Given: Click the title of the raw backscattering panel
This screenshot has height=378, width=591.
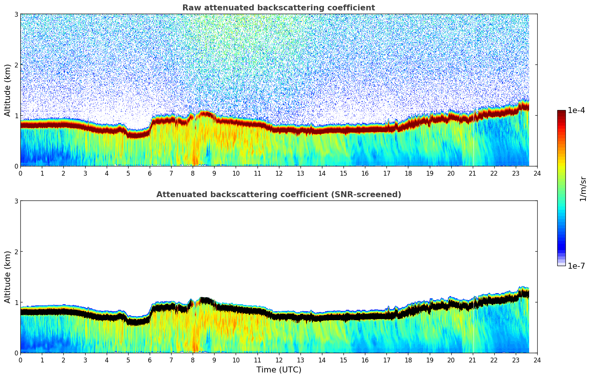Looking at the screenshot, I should coord(278,8).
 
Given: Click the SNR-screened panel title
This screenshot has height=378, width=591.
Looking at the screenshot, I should coord(278,195).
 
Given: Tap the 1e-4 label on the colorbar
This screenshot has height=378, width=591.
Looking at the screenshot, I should coord(576,110).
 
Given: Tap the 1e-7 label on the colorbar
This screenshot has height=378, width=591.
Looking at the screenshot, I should coord(576,266).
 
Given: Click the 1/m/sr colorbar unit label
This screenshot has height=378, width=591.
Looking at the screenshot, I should coord(583,189).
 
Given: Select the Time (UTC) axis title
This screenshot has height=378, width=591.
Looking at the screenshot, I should coord(279,370).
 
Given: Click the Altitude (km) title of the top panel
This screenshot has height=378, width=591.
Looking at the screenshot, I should coord(8,90).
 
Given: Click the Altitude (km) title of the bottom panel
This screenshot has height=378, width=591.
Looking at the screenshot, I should coord(8,277).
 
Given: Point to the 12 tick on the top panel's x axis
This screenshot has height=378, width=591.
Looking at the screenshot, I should coord(279,173).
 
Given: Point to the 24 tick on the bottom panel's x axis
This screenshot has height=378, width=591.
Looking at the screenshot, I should coord(537,360).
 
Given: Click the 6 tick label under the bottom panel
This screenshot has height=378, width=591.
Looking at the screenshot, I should coord(150,360).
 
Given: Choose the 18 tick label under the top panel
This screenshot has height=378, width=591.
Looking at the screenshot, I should coord(408,173).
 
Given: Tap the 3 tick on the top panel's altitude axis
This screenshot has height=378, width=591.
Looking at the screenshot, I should coord(16,14).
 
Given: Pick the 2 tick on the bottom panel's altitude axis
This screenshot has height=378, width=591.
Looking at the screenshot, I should coord(16,252).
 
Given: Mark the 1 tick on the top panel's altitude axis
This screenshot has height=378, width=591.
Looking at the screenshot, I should coord(16,116).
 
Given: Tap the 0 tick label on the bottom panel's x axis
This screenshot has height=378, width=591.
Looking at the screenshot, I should coord(20,360).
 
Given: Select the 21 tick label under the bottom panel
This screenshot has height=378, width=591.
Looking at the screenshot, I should coord(472,360).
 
